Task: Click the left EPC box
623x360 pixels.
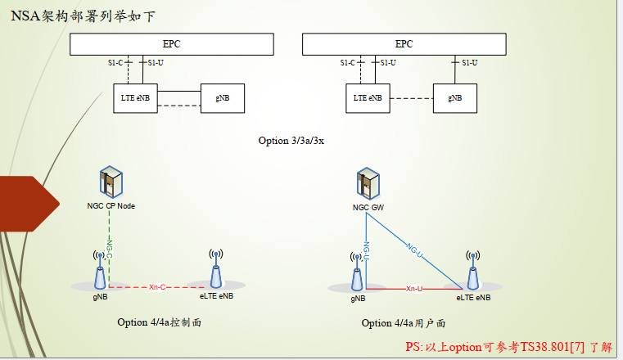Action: pyautogui.click(x=171, y=44)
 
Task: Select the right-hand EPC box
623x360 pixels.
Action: pyautogui.click(x=404, y=44)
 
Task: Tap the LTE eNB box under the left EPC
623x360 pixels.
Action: pyautogui.click(x=136, y=98)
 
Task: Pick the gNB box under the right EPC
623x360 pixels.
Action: pyautogui.click(x=454, y=98)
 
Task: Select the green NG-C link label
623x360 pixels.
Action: pyautogui.click(x=109, y=247)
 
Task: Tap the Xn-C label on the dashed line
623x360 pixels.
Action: pyautogui.click(x=159, y=287)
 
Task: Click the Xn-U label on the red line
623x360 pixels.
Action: pyautogui.click(x=414, y=289)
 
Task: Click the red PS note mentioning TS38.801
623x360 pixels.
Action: pyautogui.click(x=508, y=347)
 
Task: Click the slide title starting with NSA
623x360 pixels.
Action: pyautogui.click(x=81, y=14)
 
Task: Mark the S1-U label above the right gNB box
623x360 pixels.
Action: pyautogui.click(x=469, y=63)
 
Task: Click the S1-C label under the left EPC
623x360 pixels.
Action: pyautogui.click(x=116, y=63)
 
